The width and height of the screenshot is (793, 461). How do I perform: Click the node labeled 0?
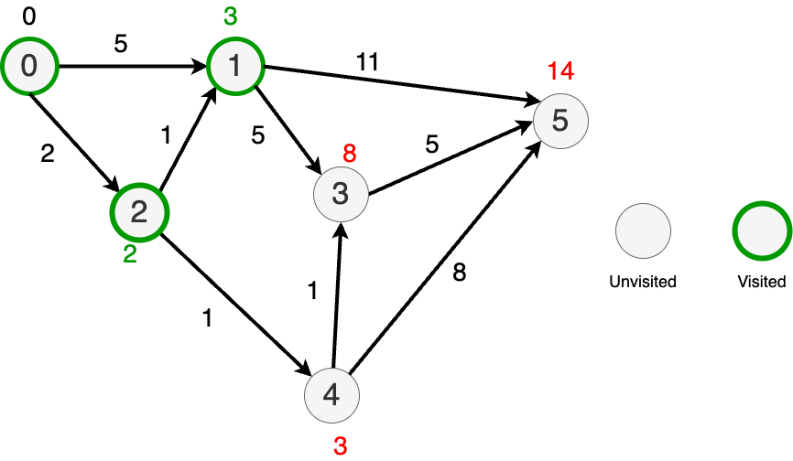coord(29,66)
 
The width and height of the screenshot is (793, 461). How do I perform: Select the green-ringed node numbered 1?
coord(235,66)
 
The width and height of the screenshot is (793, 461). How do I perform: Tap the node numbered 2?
coord(139,212)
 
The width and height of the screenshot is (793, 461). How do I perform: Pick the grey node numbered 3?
coord(341,194)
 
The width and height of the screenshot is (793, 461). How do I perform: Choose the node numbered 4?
coord(331,395)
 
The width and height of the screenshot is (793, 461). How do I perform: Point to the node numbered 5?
coord(560,121)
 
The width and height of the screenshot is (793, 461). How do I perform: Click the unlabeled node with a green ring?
coord(762,230)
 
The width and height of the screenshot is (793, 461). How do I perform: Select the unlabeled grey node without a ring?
coord(643,230)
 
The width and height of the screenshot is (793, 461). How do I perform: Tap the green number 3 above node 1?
coord(231,16)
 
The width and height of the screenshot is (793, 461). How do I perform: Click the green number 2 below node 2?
coord(130,254)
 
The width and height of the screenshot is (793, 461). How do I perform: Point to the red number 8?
coord(349,154)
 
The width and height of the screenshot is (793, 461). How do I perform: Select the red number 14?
coord(560,70)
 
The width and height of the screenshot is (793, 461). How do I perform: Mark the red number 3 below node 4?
coord(340,446)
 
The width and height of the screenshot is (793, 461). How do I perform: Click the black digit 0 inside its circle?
coord(29,66)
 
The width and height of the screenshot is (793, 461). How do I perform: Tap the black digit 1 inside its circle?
coord(235,66)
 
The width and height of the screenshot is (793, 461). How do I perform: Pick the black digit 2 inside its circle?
coord(139,212)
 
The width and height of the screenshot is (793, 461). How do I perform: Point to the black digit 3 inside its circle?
coord(341,194)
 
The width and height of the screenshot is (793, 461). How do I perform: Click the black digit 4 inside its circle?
coord(331,395)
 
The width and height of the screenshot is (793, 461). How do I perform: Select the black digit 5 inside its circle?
coord(560,121)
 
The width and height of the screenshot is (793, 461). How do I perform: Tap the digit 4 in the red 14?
coord(567,70)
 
